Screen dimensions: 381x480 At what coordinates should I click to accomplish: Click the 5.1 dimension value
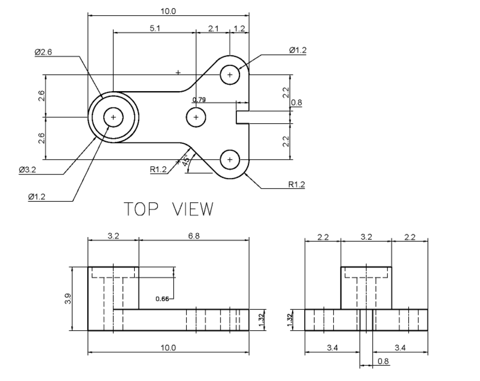pyautogui.click(x=155, y=28)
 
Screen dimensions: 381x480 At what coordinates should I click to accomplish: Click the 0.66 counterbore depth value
pyautogui.click(x=163, y=299)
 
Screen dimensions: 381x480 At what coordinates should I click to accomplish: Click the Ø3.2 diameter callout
pyautogui.click(x=27, y=170)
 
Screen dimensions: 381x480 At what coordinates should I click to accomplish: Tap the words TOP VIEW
pyautogui.click(x=168, y=209)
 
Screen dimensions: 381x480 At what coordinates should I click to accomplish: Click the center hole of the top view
pyautogui.click(x=196, y=117)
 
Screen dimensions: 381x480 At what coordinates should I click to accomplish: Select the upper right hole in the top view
pyautogui.click(x=229, y=75)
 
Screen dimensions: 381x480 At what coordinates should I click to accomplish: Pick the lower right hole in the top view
pyautogui.click(x=229, y=159)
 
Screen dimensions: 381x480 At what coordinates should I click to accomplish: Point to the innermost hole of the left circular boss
pyautogui.click(x=113, y=117)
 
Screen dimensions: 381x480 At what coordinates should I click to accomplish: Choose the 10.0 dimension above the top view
pyautogui.click(x=168, y=10)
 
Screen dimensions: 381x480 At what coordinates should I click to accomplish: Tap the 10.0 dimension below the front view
pyautogui.click(x=168, y=347)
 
